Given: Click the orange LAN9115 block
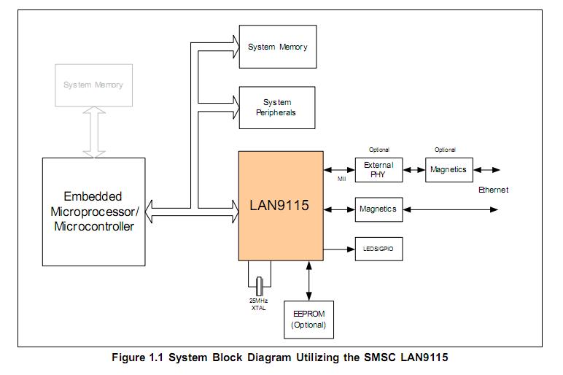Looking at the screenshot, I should point(281,205).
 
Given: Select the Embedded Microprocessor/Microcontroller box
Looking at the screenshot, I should point(93,212).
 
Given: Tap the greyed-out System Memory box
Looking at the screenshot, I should point(93,85).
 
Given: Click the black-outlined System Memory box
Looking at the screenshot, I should point(277,47).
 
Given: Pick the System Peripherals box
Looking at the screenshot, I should point(277,108).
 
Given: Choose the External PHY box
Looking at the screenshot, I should point(378,170).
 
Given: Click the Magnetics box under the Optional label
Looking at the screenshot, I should point(448,170).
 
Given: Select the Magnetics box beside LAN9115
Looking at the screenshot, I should point(378,209).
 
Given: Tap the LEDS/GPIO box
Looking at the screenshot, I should point(378,249).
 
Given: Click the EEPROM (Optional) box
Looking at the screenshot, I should point(308,320).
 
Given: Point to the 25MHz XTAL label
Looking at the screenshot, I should point(258,304).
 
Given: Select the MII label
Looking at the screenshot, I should point(341,178).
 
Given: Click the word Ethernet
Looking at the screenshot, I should point(493,190).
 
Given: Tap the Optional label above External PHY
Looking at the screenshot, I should point(379,150).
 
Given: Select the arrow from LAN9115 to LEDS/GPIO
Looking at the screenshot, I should point(338,249).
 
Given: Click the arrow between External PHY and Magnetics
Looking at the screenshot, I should point(414,170).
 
